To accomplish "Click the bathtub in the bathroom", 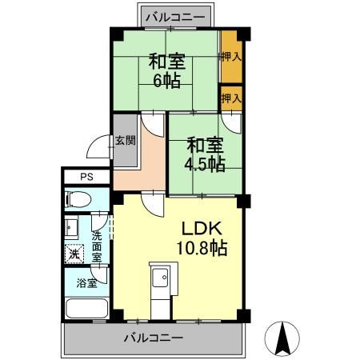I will pyautogui.click(x=85, y=307).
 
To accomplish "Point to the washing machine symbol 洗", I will pyautogui.click(x=73, y=255).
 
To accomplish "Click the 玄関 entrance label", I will pyautogui.click(x=125, y=142).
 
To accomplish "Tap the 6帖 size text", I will pyautogui.click(x=166, y=80).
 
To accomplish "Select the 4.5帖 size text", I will pyautogui.click(x=206, y=163).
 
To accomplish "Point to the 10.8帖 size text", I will pyautogui.click(x=204, y=248).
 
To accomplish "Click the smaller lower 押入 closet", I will pyautogui.click(x=230, y=98).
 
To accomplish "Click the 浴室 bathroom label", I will pyautogui.click(x=86, y=282).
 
